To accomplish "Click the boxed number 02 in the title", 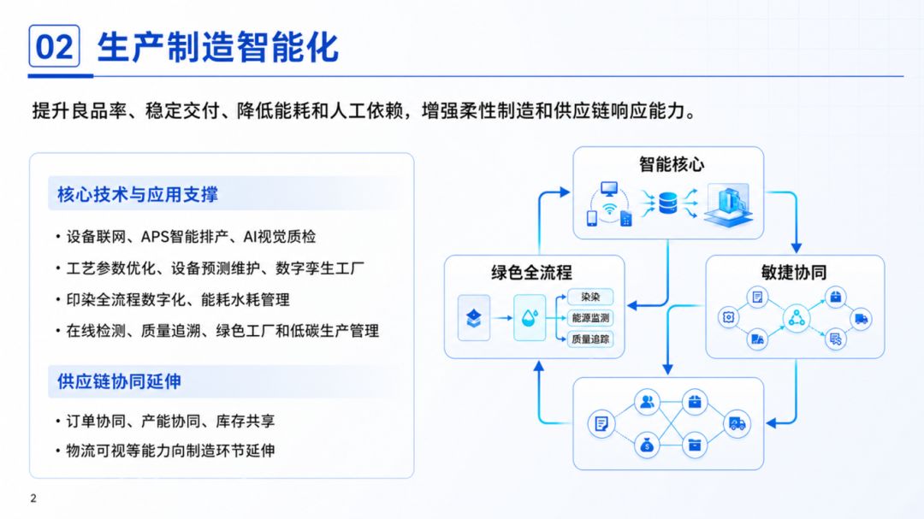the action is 54,46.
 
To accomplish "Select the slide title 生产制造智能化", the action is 218,47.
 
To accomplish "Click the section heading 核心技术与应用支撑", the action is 137,194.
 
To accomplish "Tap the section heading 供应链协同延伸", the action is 119,381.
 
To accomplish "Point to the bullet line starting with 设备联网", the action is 186,237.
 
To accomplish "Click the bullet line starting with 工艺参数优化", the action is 210,268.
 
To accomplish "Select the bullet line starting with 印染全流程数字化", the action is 172,300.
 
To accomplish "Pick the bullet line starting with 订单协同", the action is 165,422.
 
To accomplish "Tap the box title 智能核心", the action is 672,164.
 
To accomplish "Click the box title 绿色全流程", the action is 531,272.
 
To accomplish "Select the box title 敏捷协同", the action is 794,272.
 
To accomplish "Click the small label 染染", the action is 589,297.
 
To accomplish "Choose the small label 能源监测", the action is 590,318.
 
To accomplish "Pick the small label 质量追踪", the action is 590,339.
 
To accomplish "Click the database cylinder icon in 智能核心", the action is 667,203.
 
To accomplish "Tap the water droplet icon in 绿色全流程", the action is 530,318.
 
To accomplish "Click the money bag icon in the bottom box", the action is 647,445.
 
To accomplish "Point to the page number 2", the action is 33,498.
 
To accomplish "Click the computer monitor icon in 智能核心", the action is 609,189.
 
